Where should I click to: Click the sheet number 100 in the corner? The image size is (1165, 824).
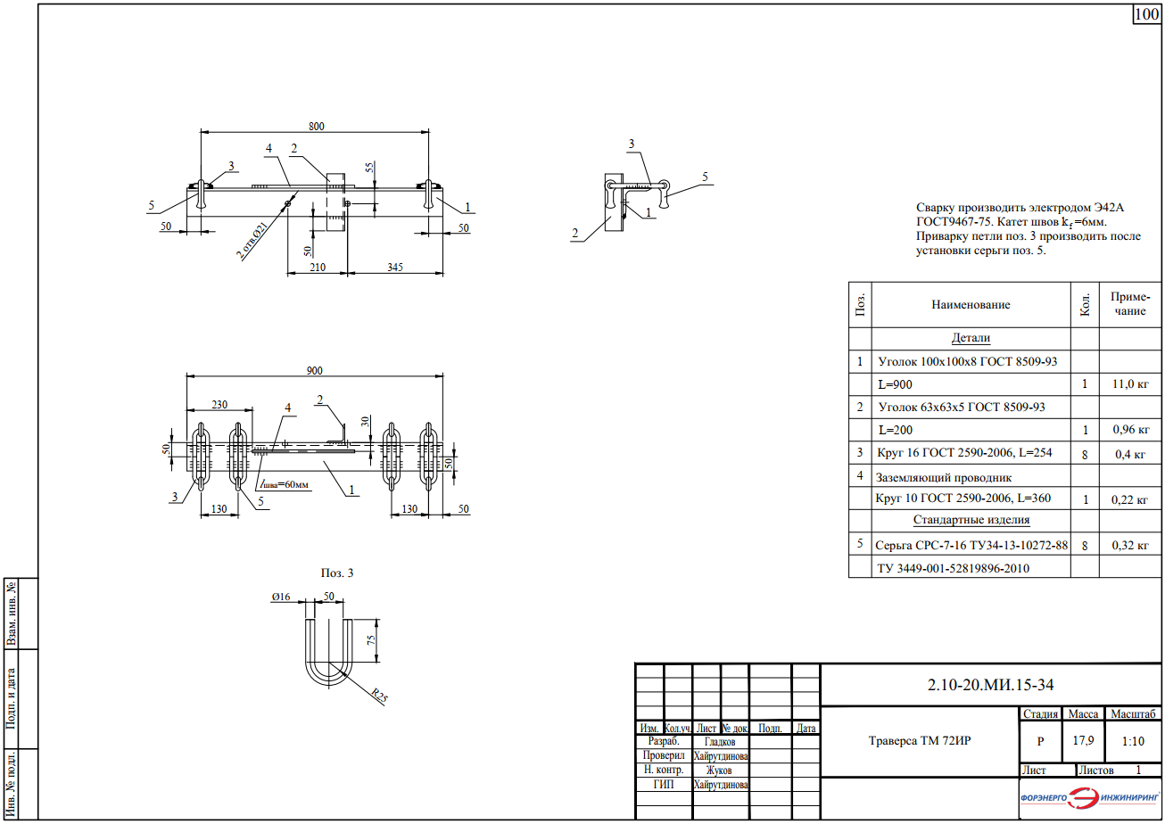tap(1146, 14)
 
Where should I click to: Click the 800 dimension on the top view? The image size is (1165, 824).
tap(316, 127)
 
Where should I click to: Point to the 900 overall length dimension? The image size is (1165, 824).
tap(314, 371)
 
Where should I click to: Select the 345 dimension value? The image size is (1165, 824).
tap(395, 268)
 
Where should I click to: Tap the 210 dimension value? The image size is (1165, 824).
tap(318, 268)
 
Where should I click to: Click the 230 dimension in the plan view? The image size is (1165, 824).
tap(219, 405)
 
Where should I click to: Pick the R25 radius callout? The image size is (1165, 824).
tap(380, 695)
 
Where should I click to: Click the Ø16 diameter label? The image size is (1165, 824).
tap(281, 597)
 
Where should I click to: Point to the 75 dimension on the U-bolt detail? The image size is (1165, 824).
tap(371, 640)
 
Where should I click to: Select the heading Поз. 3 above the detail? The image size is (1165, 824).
tap(337, 573)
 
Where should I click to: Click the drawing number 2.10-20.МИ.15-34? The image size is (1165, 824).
tap(990, 685)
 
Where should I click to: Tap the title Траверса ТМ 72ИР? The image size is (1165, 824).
tap(920, 740)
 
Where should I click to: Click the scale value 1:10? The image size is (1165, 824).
tap(1133, 741)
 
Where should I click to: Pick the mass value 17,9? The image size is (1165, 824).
tap(1083, 740)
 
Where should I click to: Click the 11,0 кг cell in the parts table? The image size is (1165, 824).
tap(1130, 384)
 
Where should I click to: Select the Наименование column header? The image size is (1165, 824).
tap(971, 305)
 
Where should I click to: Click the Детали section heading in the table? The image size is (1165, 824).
tap(971, 338)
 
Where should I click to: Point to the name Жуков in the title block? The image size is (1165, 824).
tap(719, 770)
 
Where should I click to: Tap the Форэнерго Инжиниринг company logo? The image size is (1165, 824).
tap(1090, 797)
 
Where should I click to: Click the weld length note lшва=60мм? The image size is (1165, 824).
tap(285, 484)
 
